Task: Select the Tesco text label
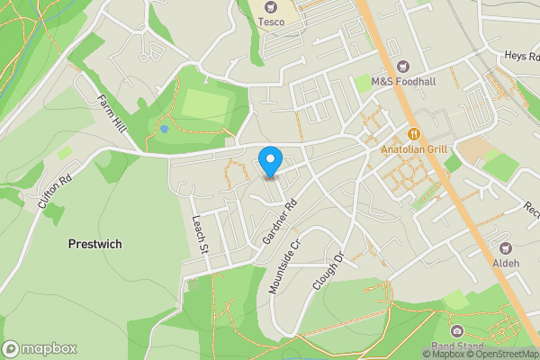point(271,21)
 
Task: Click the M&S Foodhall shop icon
point(402,66)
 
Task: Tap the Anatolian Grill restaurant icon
point(414,133)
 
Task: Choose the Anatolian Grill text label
point(414,148)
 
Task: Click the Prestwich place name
point(94,244)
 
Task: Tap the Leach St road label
point(199,236)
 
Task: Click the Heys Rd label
point(520,57)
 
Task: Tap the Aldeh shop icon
point(505,247)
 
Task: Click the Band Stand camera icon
point(457,332)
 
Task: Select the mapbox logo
point(40,348)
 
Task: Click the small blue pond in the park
point(164,129)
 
